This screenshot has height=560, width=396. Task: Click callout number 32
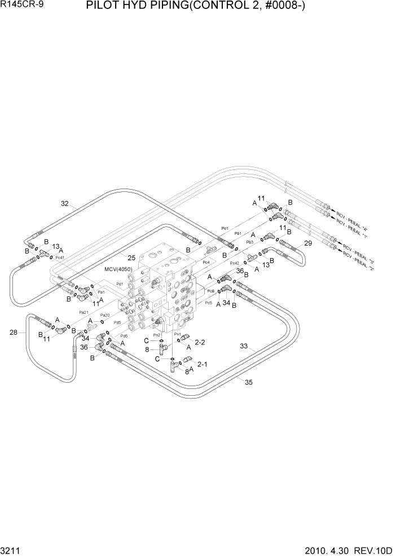(x=65, y=204)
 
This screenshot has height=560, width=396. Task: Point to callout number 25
(x=131, y=257)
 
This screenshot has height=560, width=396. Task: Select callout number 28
(x=14, y=333)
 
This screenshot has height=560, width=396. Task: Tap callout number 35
(x=248, y=382)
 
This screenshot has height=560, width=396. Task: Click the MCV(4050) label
(x=118, y=269)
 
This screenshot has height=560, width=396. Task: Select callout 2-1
(x=202, y=364)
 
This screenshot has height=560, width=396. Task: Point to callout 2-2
(x=199, y=342)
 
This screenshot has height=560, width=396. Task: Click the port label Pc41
(x=60, y=257)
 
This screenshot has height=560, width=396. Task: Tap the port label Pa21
(x=83, y=312)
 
